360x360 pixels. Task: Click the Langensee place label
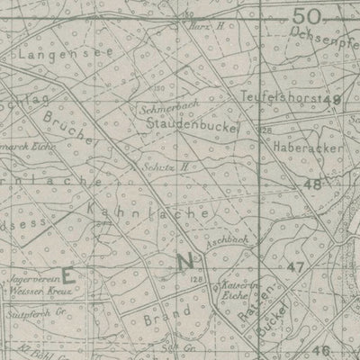pos(49,56)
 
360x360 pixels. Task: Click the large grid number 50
pos(307,16)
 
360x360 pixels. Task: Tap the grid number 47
pos(297,268)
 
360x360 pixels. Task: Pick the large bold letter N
pos(185,262)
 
